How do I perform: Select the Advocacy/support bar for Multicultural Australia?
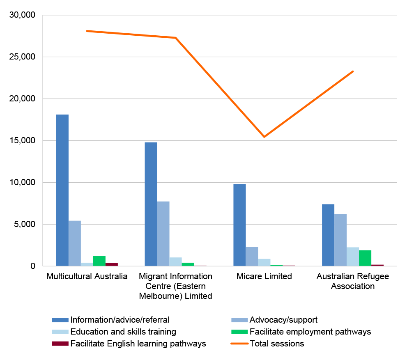75,243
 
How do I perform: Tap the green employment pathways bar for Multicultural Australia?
99,261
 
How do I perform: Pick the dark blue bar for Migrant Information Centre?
151,204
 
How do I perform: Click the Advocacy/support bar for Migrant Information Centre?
163,234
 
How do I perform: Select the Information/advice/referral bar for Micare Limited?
239,225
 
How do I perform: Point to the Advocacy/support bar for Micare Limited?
252,256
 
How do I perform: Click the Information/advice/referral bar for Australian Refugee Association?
328,235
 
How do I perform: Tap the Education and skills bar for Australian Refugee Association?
353,257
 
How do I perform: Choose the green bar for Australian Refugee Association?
365,258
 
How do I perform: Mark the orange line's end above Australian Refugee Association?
353,71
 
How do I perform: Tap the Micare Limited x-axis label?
264,276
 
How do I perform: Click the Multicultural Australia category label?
87,276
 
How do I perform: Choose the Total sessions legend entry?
277,344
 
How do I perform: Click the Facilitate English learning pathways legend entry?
138,344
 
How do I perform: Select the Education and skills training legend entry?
123,332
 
